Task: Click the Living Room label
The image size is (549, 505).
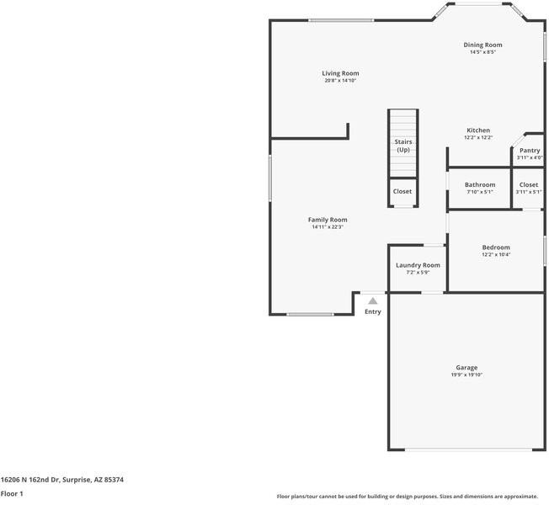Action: tap(340, 73)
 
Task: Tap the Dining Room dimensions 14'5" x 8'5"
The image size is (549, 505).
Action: tap(482, 52)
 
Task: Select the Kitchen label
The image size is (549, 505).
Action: tap(478, 130)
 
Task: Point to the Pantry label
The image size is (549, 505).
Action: tap(530, 151)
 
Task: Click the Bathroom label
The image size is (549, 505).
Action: tap(480, 184)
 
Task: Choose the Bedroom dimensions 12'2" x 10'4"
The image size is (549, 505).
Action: tap(496, 255)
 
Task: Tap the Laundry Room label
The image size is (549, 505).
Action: tap(418, 265)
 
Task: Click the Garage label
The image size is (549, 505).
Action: tap(466, 368)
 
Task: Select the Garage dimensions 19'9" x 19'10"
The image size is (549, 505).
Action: tap(466, 375)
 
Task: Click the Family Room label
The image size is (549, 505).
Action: tap(328, 220)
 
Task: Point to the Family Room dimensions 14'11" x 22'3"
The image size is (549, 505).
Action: tap(328, 227)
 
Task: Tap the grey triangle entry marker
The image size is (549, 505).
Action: tap(373, 300)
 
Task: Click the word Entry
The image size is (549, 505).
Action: tap(373, 311)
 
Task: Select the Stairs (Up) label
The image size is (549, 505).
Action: tap(403, 146)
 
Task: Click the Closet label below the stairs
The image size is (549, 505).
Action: tap(402, 191)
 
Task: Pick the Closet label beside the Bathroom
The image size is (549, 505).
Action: tap(529, 184)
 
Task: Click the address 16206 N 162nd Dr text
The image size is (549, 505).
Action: tap(30, 480)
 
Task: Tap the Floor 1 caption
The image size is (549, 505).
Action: tap(12, 494)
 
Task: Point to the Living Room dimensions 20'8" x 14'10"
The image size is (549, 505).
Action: tap(340, 81)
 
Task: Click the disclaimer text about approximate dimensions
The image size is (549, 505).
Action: tap(408, 497)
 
